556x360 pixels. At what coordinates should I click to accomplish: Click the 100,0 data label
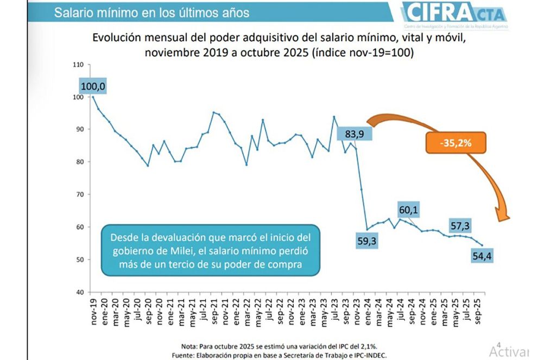tap(93, 86)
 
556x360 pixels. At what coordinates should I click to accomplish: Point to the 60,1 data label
tap(409, 210)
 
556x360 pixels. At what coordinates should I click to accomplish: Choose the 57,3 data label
tap(460, 225)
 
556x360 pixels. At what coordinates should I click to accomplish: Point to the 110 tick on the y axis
tap(77, 65)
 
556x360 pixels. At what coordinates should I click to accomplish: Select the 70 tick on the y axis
tap(79, 194)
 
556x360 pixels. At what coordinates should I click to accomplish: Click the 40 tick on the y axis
tap(79, 292)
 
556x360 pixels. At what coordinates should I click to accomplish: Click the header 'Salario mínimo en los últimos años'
tap(151, 12)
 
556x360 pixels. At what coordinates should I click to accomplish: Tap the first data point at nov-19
tap(92, 97)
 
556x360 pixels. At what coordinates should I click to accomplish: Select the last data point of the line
tap(482, 245)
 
